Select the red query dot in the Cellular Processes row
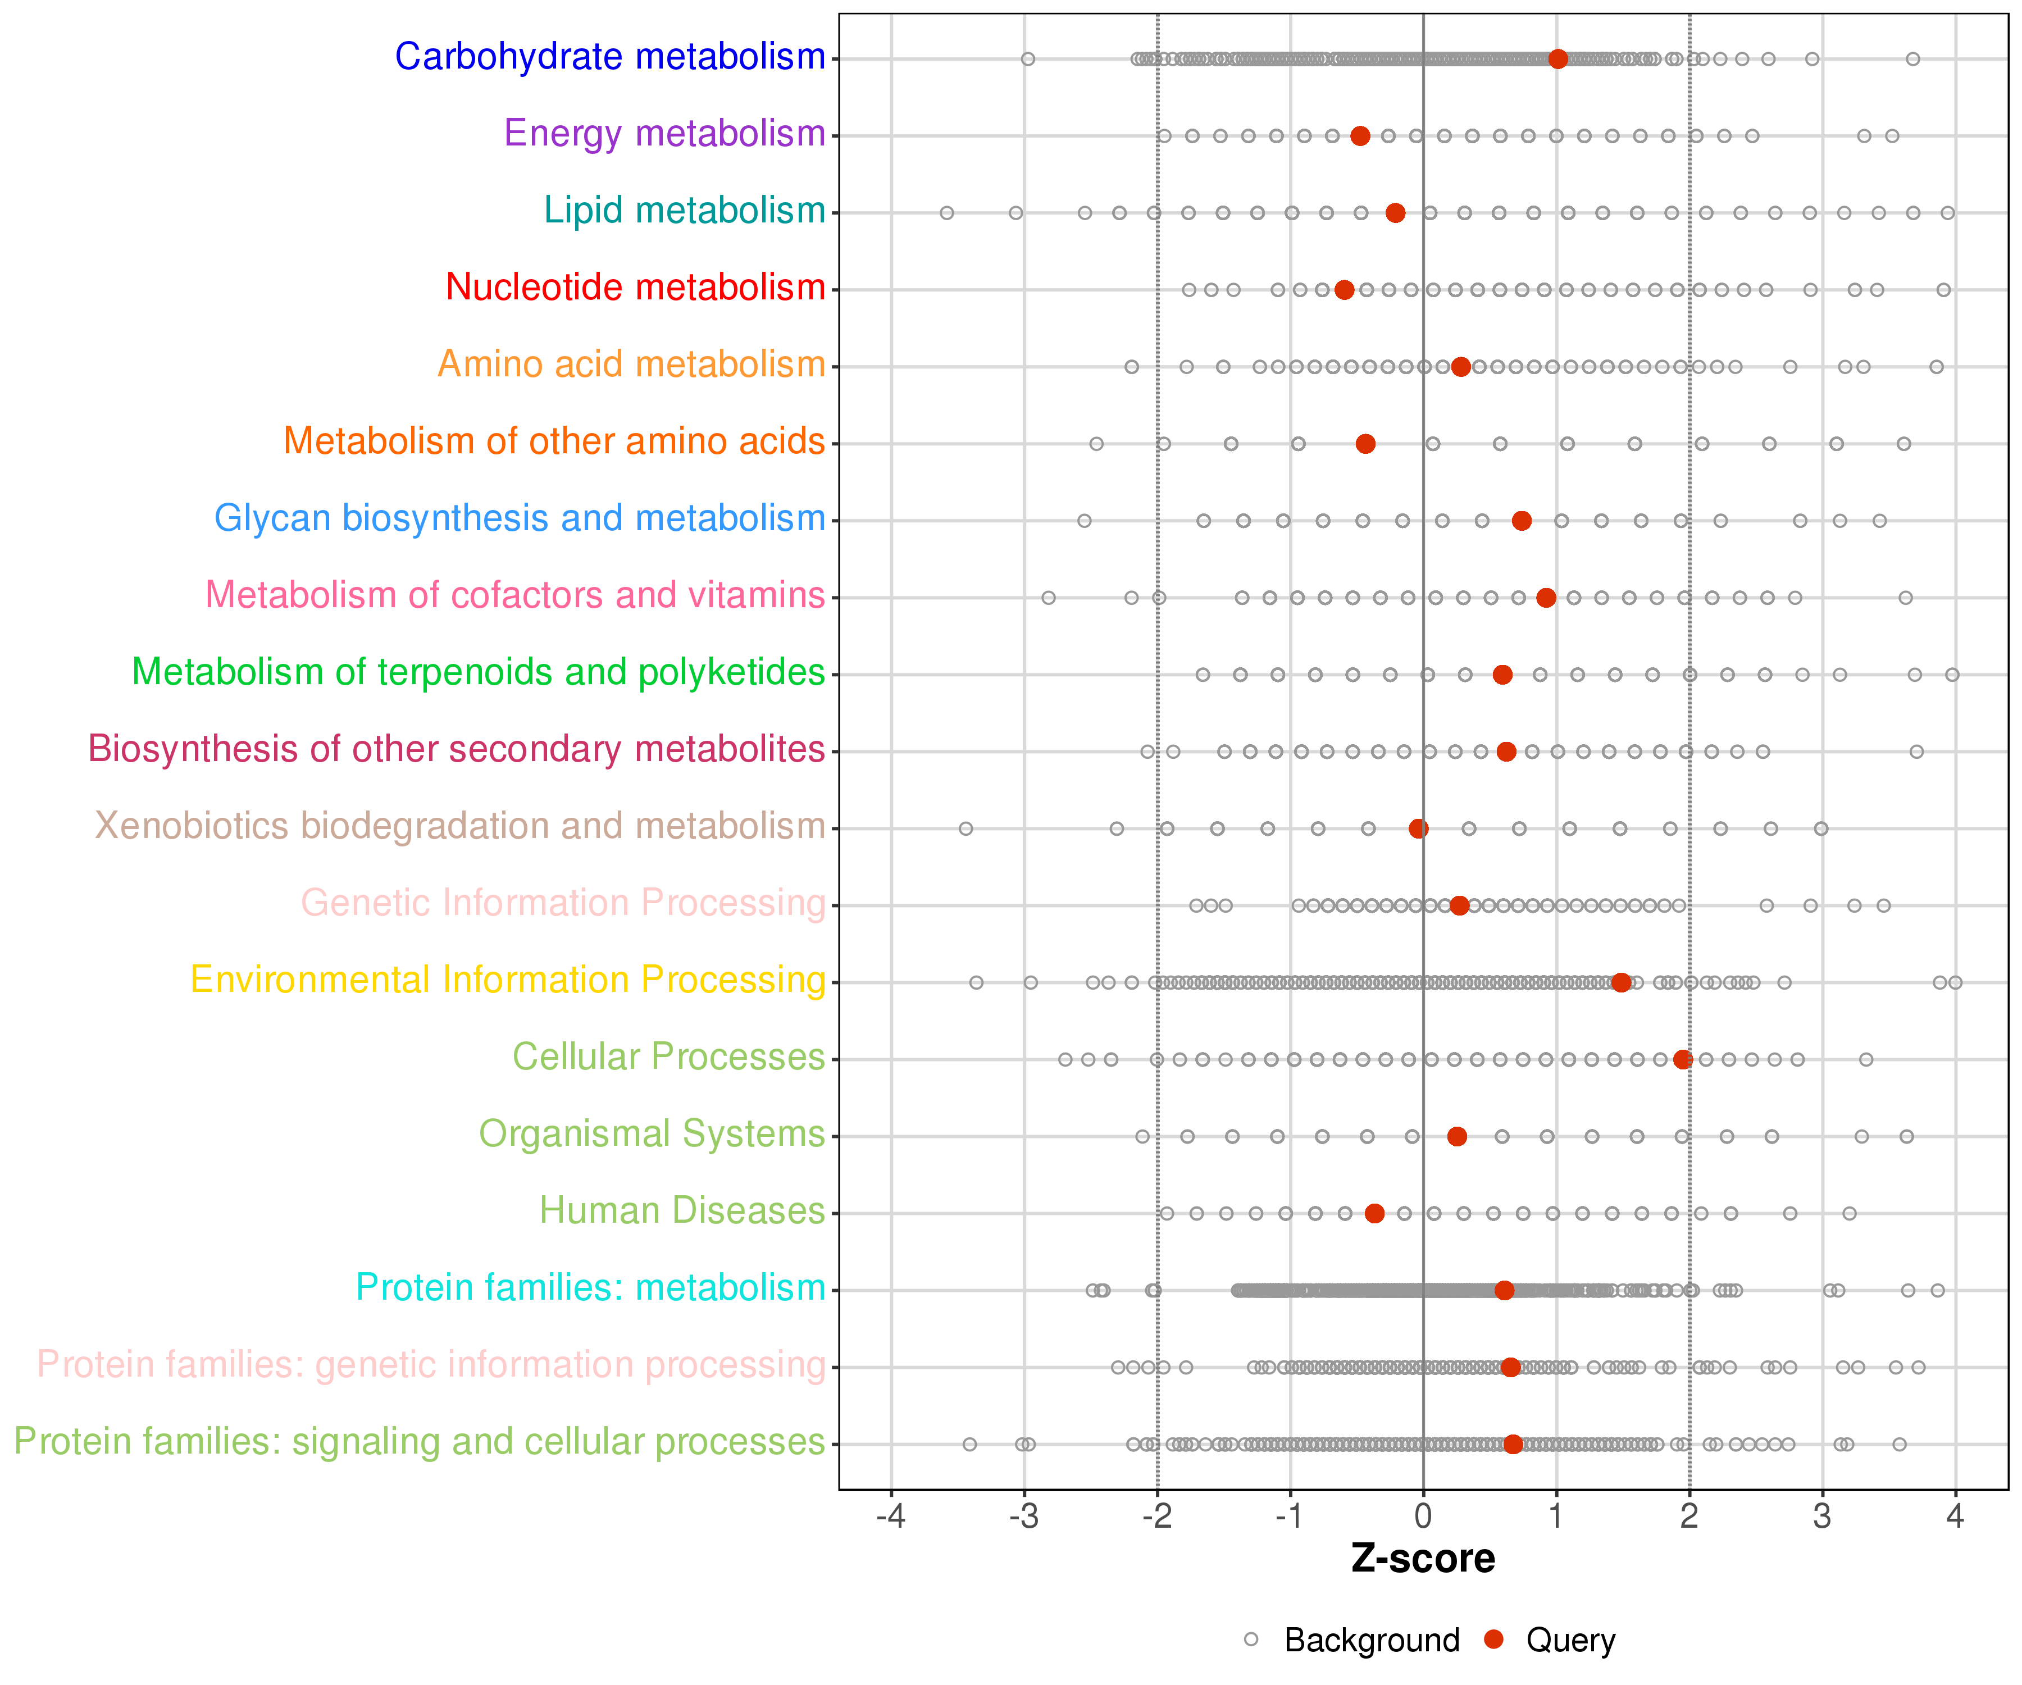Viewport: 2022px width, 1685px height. point(1682,1059)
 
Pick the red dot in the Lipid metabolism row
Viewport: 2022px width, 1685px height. point(1395,213)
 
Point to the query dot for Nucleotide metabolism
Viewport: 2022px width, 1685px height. point(1344,290)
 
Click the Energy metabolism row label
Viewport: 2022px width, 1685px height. point(664,134)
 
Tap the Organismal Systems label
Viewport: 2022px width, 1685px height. point(652,1134)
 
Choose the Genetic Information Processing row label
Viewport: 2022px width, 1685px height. point(563,903)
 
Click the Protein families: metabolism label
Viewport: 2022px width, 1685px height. point(590,1287)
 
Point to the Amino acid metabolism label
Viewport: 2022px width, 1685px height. point(632,364)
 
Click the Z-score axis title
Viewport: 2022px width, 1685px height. point(1423,1559)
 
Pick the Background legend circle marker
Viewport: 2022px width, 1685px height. point(1251,1639)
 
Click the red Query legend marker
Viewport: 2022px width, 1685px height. point(1493,1639)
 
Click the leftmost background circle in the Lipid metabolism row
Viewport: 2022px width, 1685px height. point(946,213)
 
